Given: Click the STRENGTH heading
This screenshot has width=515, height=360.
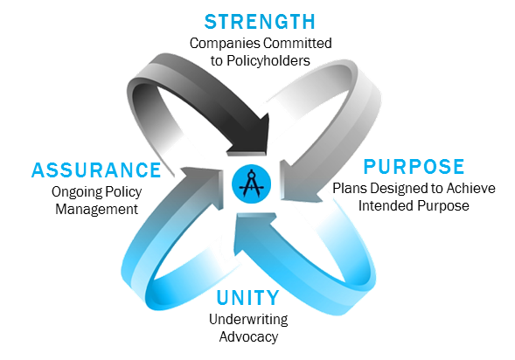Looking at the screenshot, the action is (260, 22).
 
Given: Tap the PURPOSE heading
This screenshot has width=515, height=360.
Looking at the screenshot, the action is (414, 167).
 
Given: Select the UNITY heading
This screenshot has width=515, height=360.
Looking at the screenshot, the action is (248, 298).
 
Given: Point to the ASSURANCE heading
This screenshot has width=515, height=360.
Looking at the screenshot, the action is (96, 170).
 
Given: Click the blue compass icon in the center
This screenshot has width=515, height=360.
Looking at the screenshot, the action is (251, 183).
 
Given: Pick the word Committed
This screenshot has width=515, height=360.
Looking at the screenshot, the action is (297, 44).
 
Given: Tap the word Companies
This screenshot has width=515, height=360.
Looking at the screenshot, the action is (225, 44).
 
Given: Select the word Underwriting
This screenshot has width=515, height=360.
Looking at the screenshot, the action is (248, 320).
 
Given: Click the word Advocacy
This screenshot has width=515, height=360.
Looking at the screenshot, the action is (248, 337).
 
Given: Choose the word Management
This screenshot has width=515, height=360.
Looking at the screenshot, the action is (96, 210).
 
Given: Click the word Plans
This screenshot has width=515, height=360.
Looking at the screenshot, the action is (350, 189).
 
